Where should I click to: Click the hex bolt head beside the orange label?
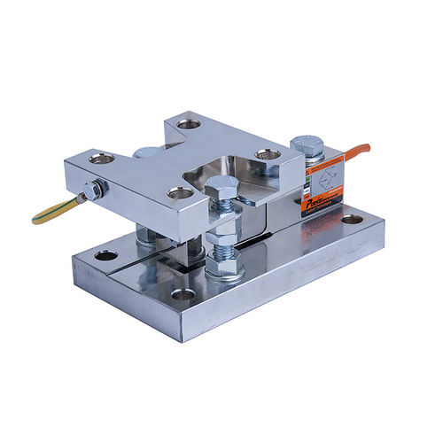(x=307, y=145)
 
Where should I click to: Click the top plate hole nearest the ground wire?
(x=102, y=159)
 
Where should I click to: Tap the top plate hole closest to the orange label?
(x=268, y=155)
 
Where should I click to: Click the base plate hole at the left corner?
(x=106, y=255)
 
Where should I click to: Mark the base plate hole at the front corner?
(x=184, y=293)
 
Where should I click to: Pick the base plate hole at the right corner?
(x=353, y=219)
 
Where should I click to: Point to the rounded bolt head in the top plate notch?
(x=148, y=152)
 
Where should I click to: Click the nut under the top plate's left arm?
(x=144, y=237)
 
